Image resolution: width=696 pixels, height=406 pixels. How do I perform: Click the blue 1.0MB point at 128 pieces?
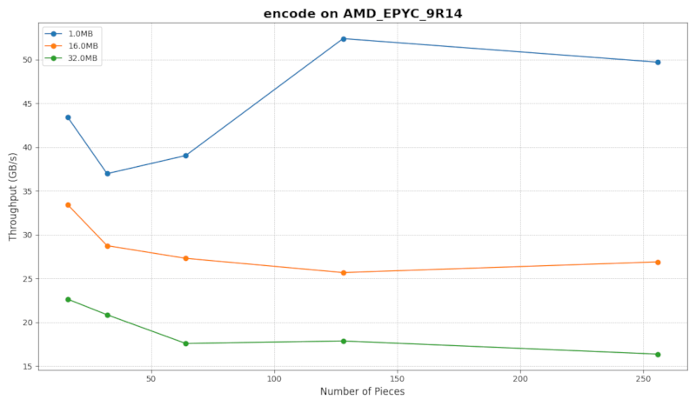click(x=344, y=39)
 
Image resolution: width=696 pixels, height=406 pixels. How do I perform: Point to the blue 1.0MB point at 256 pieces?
click(x=658, y=63)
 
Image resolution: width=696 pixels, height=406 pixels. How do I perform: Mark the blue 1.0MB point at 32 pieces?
click(x=108, y=174)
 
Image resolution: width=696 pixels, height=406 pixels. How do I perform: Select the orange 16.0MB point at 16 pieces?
click(x=68, y=205)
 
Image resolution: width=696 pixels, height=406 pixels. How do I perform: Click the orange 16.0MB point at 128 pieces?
click(x=344, y=273)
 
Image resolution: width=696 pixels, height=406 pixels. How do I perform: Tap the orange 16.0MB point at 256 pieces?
click(x=658, y=263)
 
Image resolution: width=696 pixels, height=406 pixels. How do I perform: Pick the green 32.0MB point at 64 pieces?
click(x=186, y=343)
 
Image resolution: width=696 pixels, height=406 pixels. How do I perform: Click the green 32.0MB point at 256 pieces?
click(x=658, y=355)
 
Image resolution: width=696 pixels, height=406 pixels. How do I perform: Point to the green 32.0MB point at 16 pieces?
click(x=68, y=300)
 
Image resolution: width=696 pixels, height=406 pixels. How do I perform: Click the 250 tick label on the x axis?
click(x=644, y=379)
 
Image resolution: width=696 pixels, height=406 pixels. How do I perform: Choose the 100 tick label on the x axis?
click(x=275, y=379)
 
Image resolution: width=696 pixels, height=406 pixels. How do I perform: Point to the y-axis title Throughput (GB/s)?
click(x=12, y=198)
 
